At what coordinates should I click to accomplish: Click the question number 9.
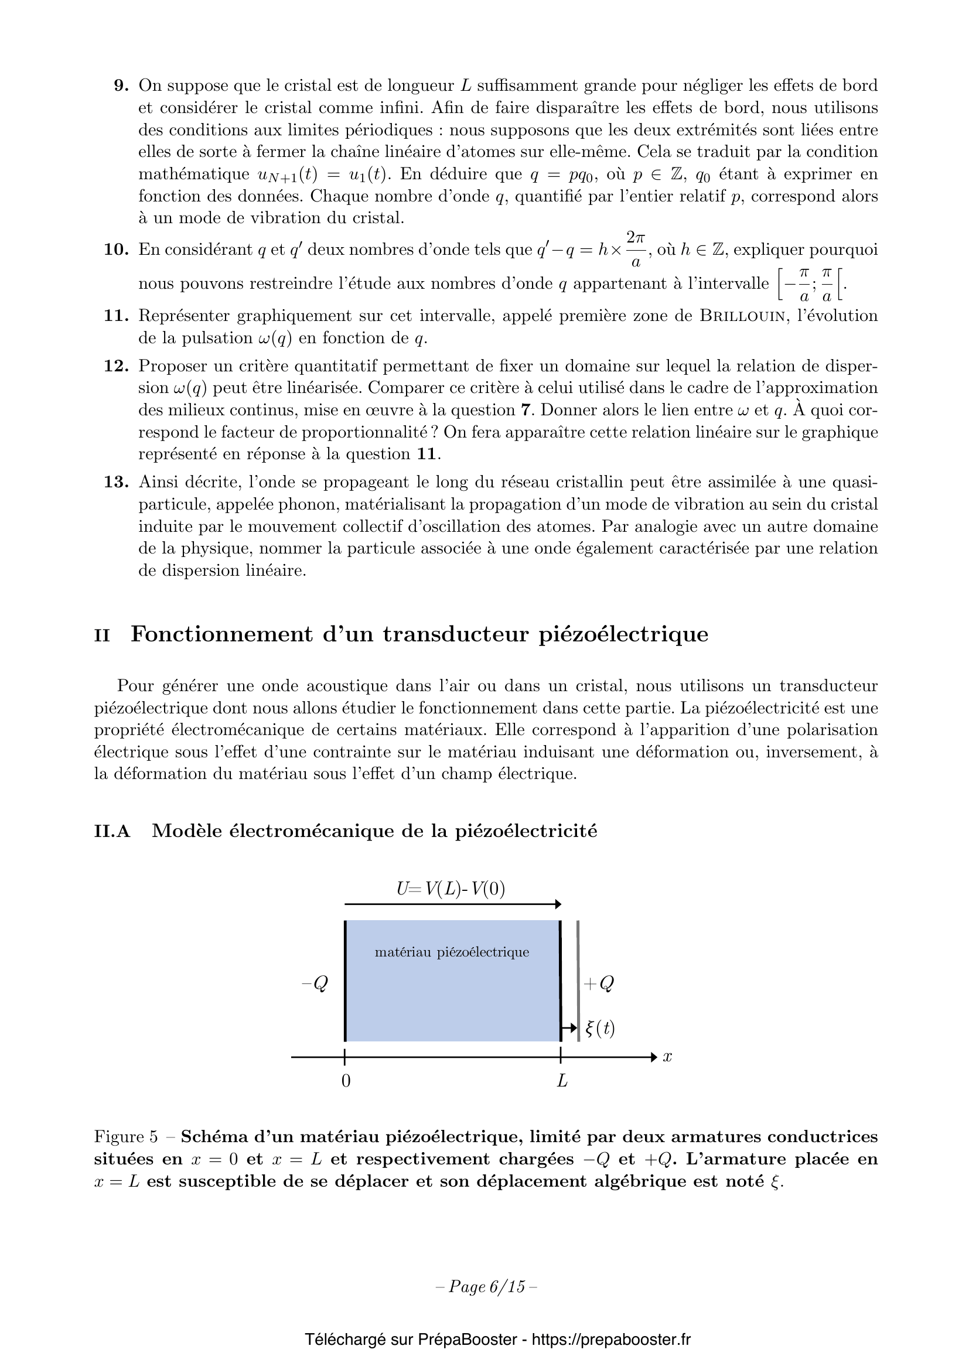pos(121,86)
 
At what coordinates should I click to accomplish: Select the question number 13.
pos(117,482)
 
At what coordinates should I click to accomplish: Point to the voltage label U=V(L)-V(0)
pos(451,889)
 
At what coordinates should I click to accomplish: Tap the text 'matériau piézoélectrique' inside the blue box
pos(452,952)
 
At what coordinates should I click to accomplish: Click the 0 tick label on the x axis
pos(346,1081)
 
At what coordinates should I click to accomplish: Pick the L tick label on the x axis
pos(561,1081)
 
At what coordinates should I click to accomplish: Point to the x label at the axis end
pos(668,1057)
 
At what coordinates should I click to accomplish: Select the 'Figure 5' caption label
pos(125,1137)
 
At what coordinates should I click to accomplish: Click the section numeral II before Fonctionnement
pos(102,636)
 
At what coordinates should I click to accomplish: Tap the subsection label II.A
pos(112,831)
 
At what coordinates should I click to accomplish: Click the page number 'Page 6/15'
pos(486,1287)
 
